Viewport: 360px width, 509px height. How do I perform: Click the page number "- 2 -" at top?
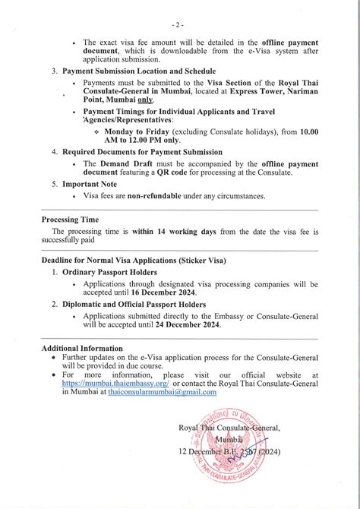click(179, 25)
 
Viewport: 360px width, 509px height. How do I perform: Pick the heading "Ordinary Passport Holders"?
click(109, 271)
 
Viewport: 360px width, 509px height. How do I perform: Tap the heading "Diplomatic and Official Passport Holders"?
click(134, 304)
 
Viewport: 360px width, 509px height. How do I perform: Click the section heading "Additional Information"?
click(82, 348)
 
